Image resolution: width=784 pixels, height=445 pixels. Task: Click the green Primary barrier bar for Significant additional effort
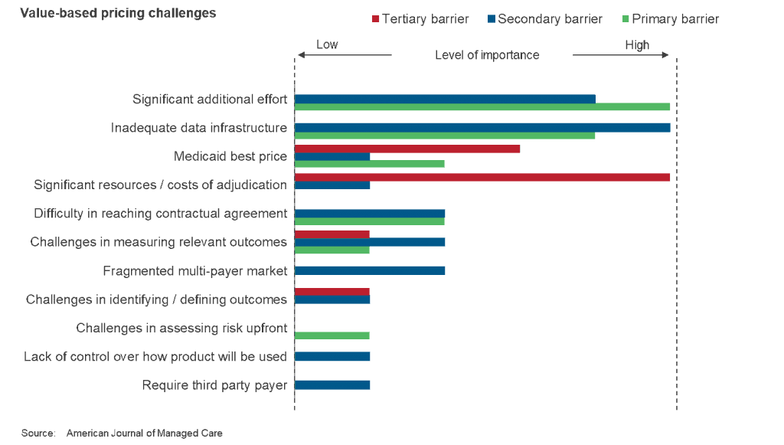(x=482, y=107)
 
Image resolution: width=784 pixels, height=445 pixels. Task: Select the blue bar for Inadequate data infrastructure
(x=482, y=127)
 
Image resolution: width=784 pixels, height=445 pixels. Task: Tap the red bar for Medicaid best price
(x=407, y=149)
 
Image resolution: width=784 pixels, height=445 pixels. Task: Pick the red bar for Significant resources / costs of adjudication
(x=482, y=177)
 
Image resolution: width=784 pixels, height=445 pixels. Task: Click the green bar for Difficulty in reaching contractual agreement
(x=370, y=221)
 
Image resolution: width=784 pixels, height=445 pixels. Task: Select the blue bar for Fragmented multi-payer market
(x=370, y=270)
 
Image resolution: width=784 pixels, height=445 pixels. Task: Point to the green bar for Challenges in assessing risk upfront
(x=332, y=335)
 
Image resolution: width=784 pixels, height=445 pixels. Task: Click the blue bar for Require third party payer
(x=332, y=384)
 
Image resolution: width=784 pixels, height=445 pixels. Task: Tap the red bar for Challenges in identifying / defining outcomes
(x=332, y=292)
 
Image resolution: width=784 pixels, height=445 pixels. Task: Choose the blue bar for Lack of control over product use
(x=332, y=357)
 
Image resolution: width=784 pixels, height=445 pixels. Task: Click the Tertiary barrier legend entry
(x=420, y=19)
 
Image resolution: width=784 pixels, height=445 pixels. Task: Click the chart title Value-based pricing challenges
(x=118, y=13)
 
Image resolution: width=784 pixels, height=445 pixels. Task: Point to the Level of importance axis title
(x=487, y=55)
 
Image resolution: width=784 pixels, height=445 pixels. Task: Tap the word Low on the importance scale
(x=327, y=45)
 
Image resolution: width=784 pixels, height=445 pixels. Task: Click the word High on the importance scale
(x=637, y=45)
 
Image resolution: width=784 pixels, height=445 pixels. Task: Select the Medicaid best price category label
(x=230, y=156)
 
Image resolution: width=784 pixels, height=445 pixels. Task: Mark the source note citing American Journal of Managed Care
(x=122, y=434)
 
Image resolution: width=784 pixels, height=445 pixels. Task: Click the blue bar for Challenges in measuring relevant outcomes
(x=370, y=242)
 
